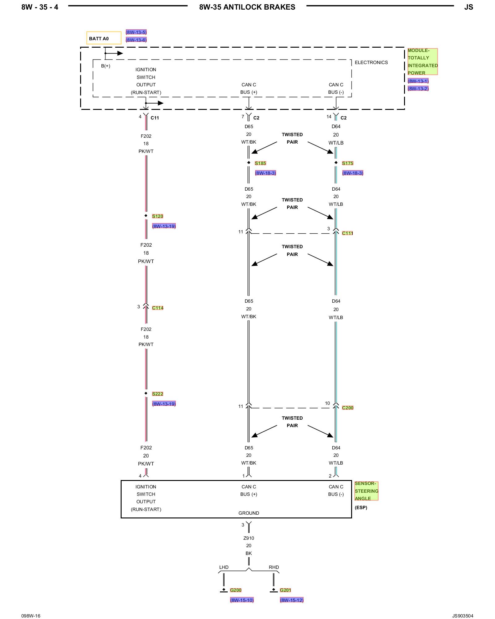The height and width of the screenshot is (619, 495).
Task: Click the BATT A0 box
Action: tap(104, 38)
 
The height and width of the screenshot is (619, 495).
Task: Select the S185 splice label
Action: tap(260, 163)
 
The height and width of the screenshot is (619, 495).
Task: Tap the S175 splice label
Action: tap(347, 163)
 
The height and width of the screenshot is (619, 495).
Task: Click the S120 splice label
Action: tap(157, 216)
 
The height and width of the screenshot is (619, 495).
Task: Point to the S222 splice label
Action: tap(157, 394)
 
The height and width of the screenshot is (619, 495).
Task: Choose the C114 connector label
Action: tap(157, 308)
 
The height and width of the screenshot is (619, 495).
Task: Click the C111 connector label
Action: tap(347, 233)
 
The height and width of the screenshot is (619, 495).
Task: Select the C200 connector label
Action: tap(347, 408)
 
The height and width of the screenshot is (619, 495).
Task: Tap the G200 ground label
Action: tap(235, 590)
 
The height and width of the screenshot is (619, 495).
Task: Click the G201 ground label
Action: tap(285, 590)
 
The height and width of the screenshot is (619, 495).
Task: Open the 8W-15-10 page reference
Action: tap(242, 600)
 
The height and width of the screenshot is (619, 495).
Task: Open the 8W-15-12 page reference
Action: tap(291, 600)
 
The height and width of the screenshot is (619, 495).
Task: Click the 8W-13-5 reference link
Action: tap(136, 32)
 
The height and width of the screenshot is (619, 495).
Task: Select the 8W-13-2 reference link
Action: tap(418, 89)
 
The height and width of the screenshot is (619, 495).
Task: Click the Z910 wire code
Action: tap(248, 538)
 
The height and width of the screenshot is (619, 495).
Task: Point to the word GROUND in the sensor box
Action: tap(248, 513)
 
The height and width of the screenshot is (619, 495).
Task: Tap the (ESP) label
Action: tap(361, 507)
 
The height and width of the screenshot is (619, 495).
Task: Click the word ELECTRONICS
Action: tap(371, 63)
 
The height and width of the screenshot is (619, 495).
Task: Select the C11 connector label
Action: tap(154, 118)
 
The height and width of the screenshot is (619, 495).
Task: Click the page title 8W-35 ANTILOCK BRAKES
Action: tap(247, 7)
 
